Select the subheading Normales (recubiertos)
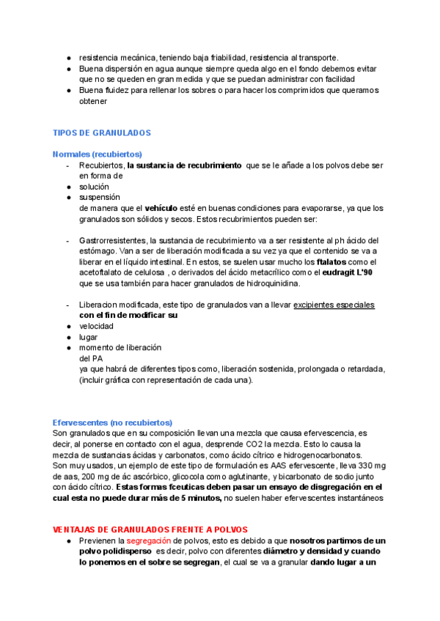pos(97,155)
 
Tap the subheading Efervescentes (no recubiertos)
pos(112,423)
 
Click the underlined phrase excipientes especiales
pos(334,305)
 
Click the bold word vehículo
pos(166,208)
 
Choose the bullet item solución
pos(94,187)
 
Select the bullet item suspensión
pos(99,197)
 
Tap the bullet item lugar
pos(88,337)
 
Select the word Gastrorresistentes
pos(112,240)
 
